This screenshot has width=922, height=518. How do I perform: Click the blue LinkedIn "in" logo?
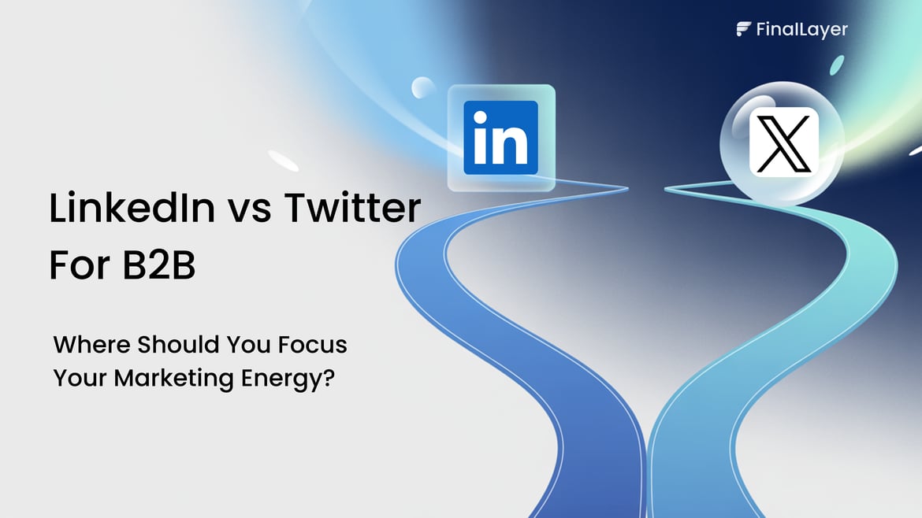tap(500, 137)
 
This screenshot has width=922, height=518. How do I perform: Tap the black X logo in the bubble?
tap(783, 142)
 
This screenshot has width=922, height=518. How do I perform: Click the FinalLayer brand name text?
tap(801, 30)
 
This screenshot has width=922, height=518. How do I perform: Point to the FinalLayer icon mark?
tap(743, 30)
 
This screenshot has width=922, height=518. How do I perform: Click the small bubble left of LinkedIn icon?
tap(423, 88)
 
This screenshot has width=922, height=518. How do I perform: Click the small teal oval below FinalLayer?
tap(837, 65)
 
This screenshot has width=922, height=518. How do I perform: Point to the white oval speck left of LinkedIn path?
tap(283, 160)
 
